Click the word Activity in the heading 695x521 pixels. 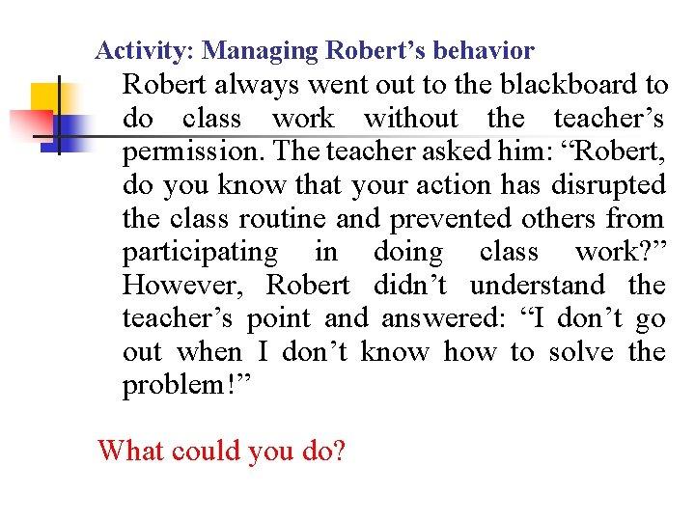tap(133, 49)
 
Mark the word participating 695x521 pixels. tap(200, 252)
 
